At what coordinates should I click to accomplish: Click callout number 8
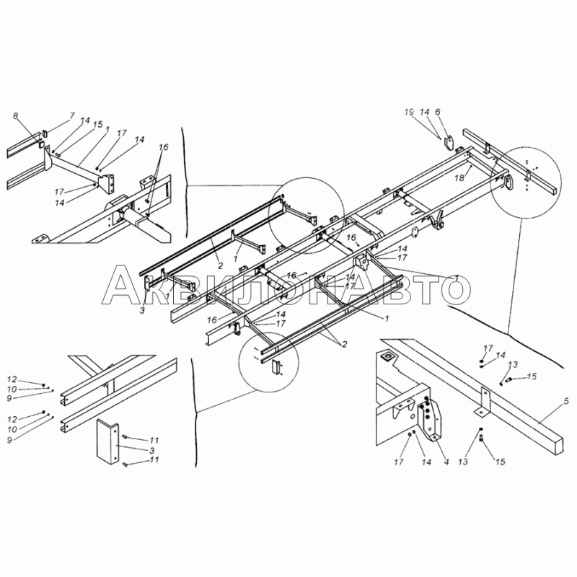[15, 116]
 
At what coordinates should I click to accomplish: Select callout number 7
[71, 116]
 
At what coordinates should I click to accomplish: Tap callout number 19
[409, 112]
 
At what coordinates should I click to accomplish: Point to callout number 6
[438, 112]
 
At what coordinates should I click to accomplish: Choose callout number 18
[459, 178]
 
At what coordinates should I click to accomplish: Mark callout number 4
[446, 462]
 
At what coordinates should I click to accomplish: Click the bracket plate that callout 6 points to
[449, 144]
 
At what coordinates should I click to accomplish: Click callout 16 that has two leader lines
[164, 147]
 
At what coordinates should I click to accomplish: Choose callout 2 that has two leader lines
[345, 345]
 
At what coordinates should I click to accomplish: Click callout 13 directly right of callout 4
[463, 462]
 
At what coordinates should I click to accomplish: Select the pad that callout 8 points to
[41, 145]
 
